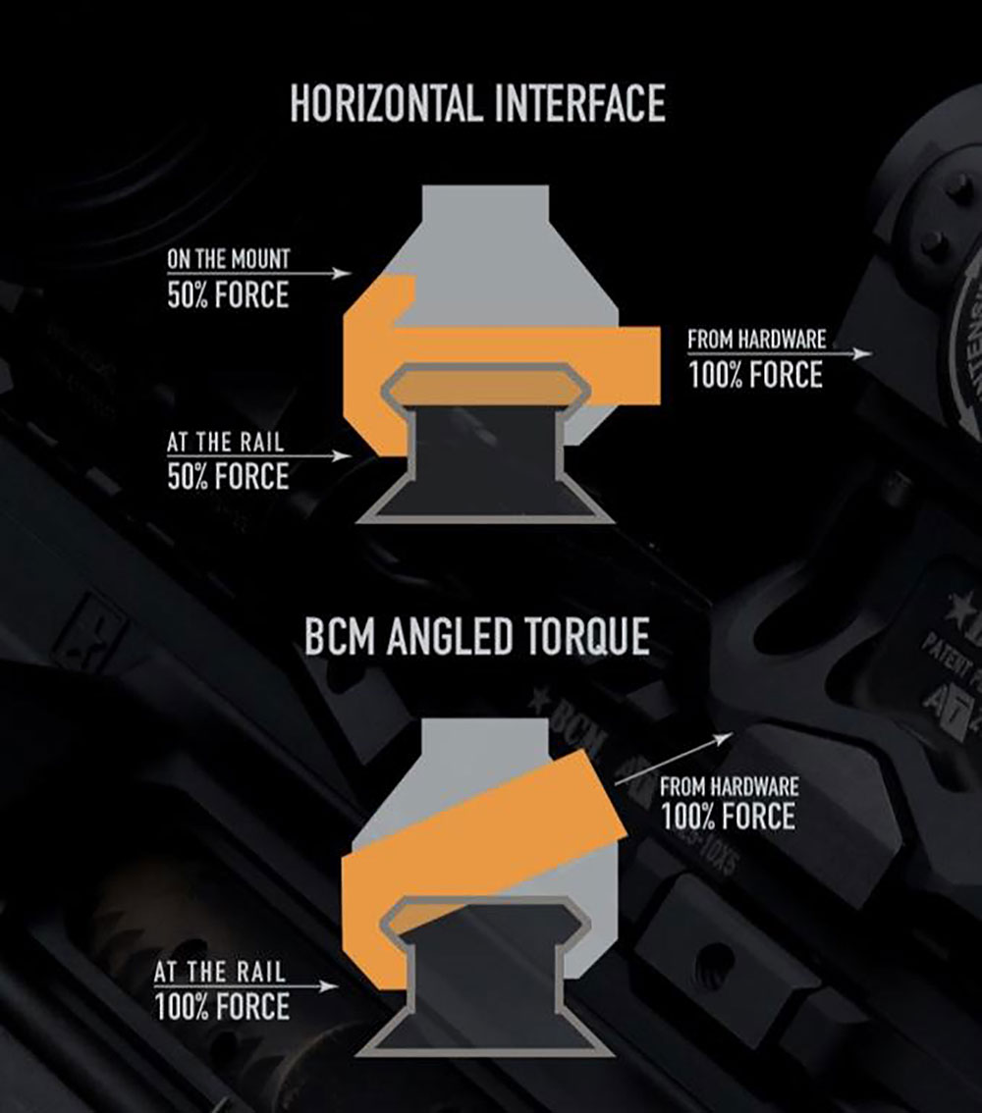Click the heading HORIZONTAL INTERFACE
click(477, 104)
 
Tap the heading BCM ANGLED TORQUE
click(476, 638)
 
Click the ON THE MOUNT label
click(229, 261)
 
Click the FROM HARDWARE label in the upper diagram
click(756, 341)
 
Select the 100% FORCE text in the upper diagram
click(755, 374)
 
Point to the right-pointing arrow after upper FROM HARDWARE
click(850, 353)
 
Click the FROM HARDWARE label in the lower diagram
click(729, 786)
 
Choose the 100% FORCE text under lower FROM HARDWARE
click(728, 817)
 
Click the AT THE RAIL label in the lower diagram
click(220, 973)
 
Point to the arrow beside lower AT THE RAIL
click(316, 984)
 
